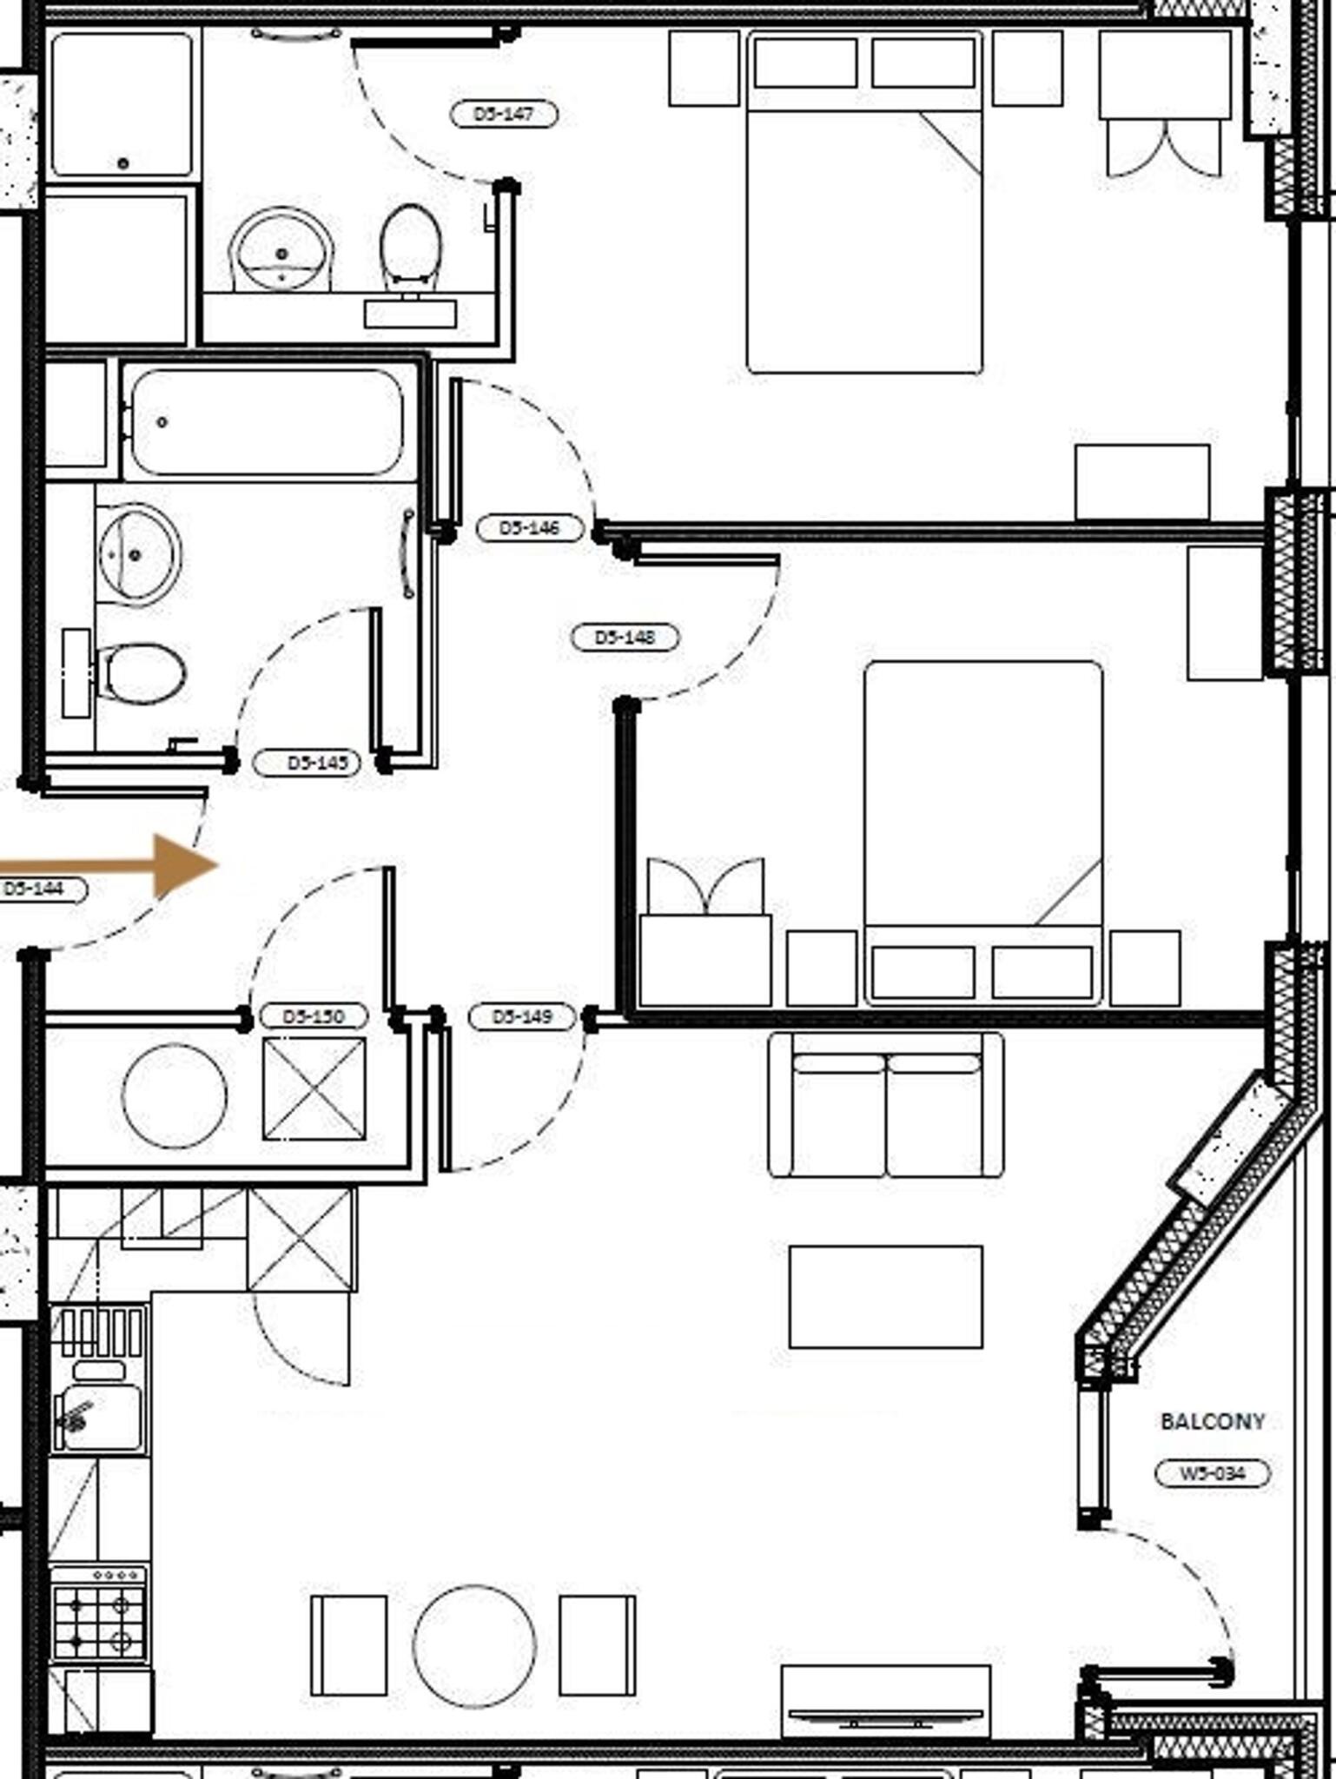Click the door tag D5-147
pos(504,114)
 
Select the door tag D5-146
pos(530,527)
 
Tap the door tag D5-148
pos(625,638)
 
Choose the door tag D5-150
pos(314,1015)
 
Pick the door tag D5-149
pos(521,1016)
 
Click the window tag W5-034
pos(1212,1473)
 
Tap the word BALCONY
pos(1213,1422)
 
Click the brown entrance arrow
pos(130,865)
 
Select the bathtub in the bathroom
pos(268,423)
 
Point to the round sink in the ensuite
pos(281,252)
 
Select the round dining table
pos(474,1646)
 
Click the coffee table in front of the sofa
pos(885,1297)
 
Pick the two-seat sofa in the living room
pos(885,1105)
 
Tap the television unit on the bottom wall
pos(885,1701)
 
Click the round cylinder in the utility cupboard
pos(174,1095)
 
